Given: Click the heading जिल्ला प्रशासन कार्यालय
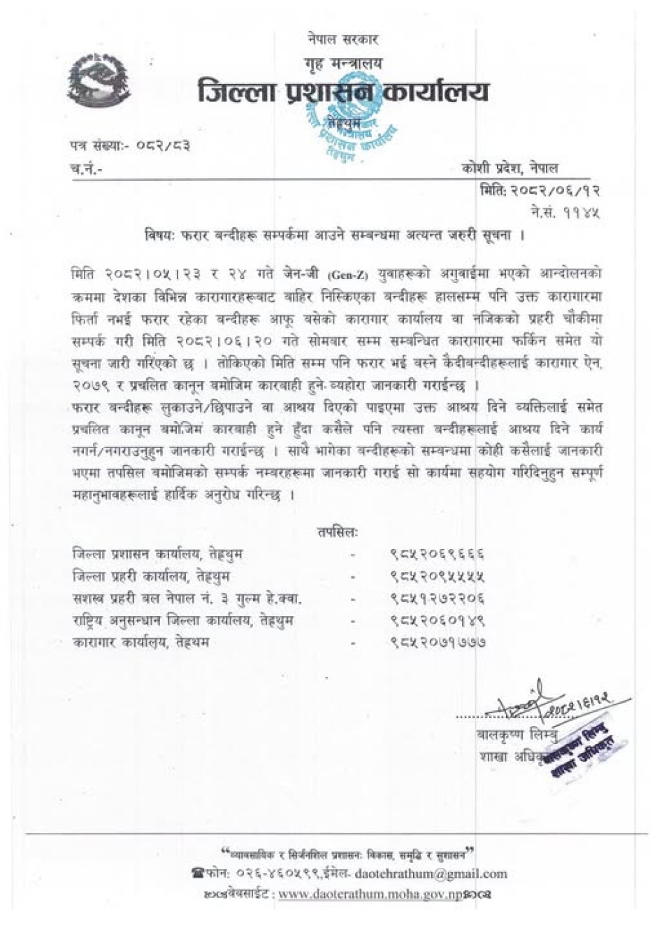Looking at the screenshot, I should coord(342,92).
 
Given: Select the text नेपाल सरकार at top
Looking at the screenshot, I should coord(342,39).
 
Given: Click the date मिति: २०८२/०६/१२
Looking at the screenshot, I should coord(540,190).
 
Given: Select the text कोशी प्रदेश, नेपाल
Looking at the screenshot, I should coord(510,168).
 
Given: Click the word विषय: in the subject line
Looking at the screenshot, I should coord(154,234).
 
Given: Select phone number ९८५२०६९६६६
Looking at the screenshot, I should coord(438,555).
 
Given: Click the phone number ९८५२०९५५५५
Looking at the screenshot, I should coord(438,577).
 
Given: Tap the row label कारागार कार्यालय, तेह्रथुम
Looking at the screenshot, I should coord(141,641).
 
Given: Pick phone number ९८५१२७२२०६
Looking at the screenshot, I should coord(438,599).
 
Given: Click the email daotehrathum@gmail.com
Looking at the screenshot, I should coord(431,873).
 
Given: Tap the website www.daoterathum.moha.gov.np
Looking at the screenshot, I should coord(370,894).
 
